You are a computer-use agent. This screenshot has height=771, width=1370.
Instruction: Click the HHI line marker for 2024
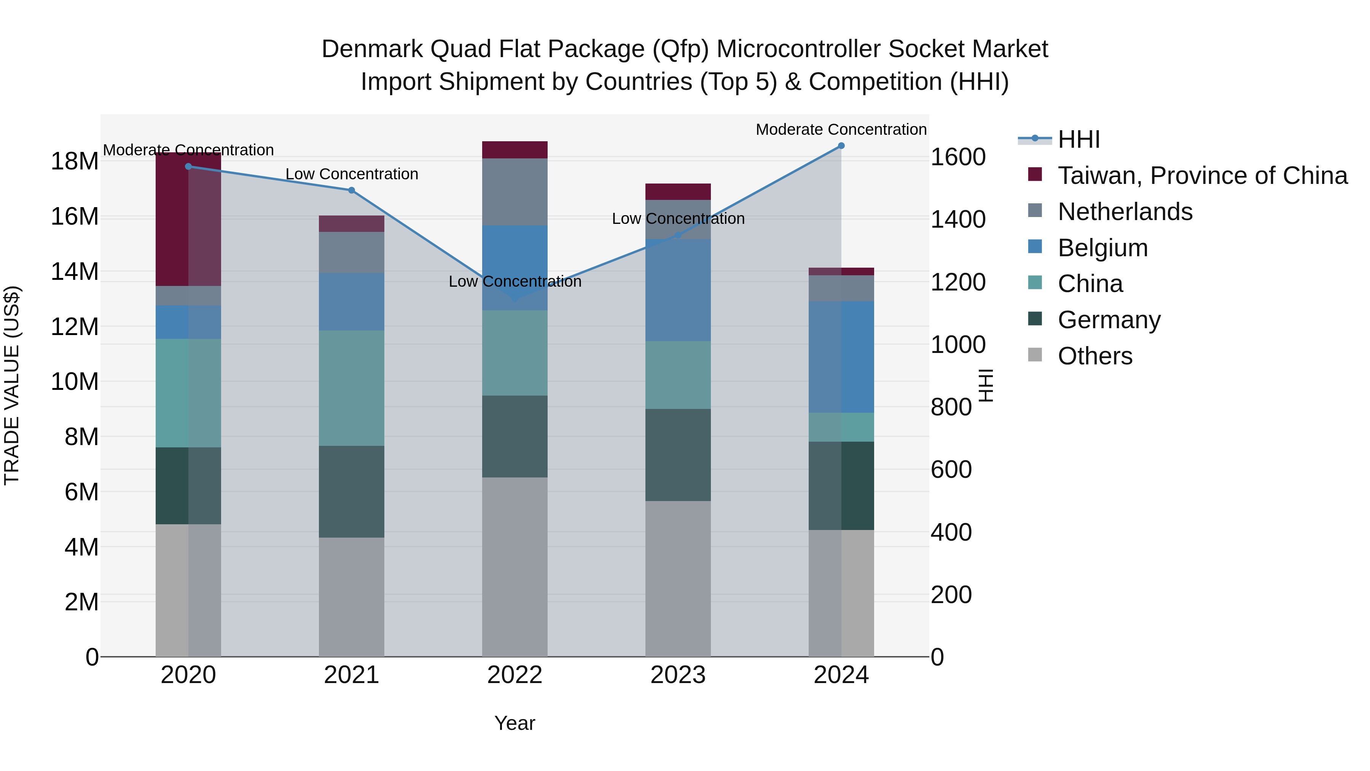coord(841,146)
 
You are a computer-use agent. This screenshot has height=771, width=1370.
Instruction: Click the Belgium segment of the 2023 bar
coord(677,290)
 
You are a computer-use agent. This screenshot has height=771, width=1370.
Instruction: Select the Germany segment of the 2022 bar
coord(514,436)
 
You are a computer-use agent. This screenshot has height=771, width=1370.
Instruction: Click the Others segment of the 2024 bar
coord(841,593)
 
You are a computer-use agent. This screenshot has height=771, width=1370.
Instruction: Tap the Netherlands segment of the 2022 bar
coord(514,192)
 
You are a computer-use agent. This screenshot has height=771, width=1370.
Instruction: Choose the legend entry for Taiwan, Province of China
coord(1202,176)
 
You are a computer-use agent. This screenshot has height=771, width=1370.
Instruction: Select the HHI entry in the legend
coord(1078,139)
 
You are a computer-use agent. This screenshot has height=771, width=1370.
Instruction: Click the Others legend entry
coord(1094,356)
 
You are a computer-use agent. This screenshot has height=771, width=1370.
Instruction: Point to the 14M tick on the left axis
coord(75,271)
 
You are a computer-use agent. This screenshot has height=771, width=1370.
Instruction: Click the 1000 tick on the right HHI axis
coord(958,345)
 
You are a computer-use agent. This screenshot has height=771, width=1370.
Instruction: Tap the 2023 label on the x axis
coord(677,675)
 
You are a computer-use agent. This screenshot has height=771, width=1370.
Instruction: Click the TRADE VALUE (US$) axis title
coord(12,385)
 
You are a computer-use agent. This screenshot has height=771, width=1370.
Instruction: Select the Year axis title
coord(514,723)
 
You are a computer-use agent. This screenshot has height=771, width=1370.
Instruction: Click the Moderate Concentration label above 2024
coord(841,129)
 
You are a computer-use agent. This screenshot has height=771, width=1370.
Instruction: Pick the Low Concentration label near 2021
coord(352,174)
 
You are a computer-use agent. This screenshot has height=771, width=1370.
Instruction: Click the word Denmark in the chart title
coord(372,49)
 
